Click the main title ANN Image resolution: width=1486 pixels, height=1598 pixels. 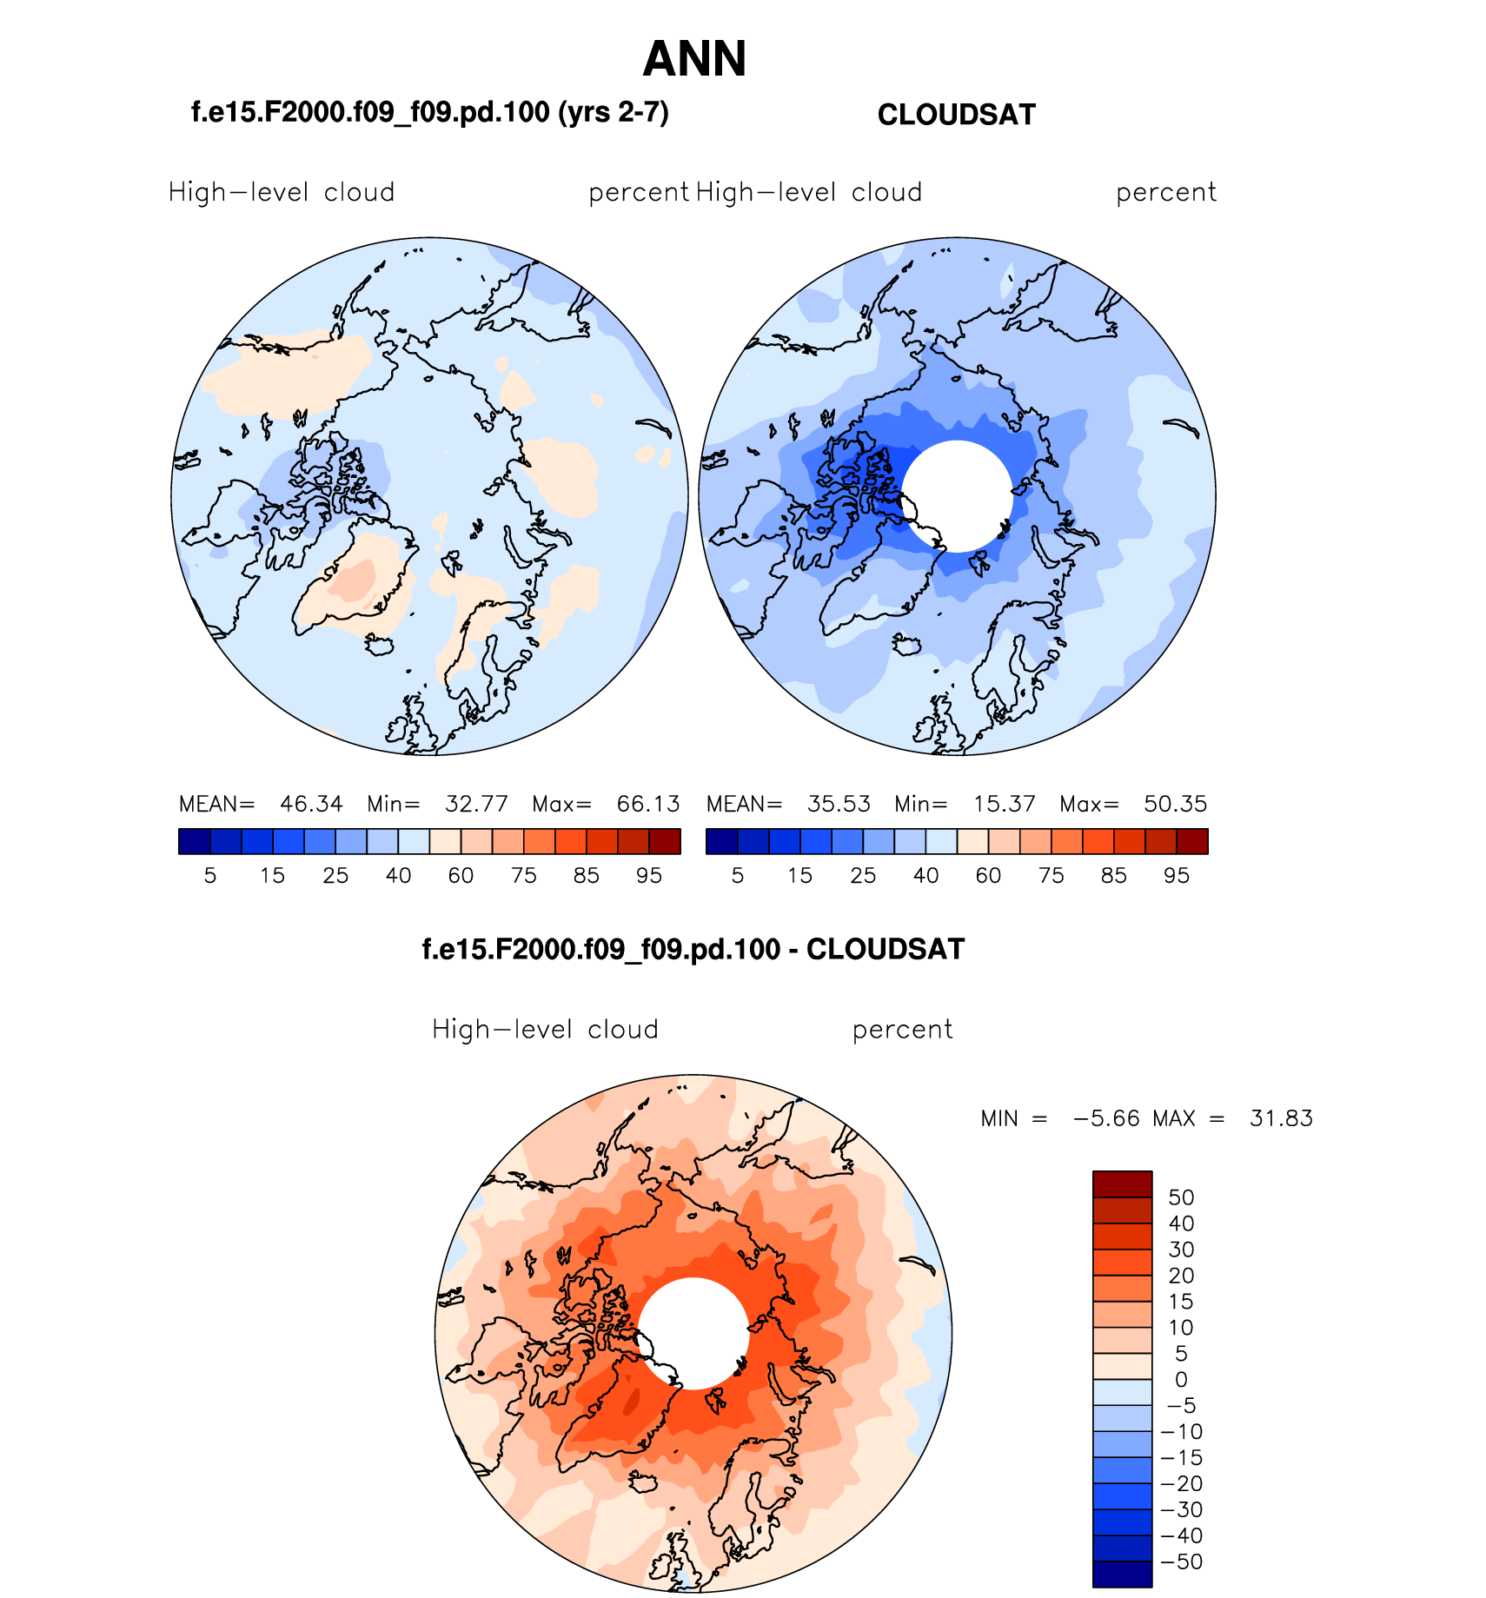click(x=694, y=59)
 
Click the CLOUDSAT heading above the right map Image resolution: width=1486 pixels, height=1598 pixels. click(x=956, y=115)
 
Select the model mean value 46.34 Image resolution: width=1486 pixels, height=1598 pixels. click(x=311, y=804)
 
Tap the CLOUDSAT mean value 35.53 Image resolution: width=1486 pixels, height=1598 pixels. click(x=839, y=804)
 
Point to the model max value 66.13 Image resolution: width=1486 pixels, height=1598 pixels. click(x=648, y=804)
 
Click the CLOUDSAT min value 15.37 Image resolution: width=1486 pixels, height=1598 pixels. click(x=1004, y=804)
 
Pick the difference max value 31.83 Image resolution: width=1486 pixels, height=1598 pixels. click(x=1281, y=1118)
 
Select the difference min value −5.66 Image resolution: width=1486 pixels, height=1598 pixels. click(x=1106, y=1118)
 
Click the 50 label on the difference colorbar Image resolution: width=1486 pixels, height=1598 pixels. click(x=1181, y=1197)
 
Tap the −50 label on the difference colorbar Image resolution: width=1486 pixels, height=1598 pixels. click(x=1182, y=1562)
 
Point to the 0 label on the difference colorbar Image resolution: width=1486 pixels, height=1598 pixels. click(x=1181, y=1379)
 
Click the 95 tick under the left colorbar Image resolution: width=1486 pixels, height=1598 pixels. click(x=649, y=876)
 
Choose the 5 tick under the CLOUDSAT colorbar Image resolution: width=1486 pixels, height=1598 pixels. click(x=738, y=876)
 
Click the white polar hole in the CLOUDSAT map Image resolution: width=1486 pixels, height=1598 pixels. click(x=957, y=496)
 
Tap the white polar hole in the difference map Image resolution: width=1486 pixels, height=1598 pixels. click(x=693, y=1333)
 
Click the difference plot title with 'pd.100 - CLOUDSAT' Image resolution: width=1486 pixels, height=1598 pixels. click(x=693, y=949)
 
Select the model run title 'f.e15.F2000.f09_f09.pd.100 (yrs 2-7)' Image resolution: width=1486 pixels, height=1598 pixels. click(x=429, y=112)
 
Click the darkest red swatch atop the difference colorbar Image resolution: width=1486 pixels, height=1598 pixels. click(x=1122, y=1184)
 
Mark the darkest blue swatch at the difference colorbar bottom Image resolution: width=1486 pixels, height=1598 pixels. click(x=1122, y=1575)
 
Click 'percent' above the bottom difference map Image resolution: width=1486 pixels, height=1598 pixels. click(x=902, y=1030)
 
